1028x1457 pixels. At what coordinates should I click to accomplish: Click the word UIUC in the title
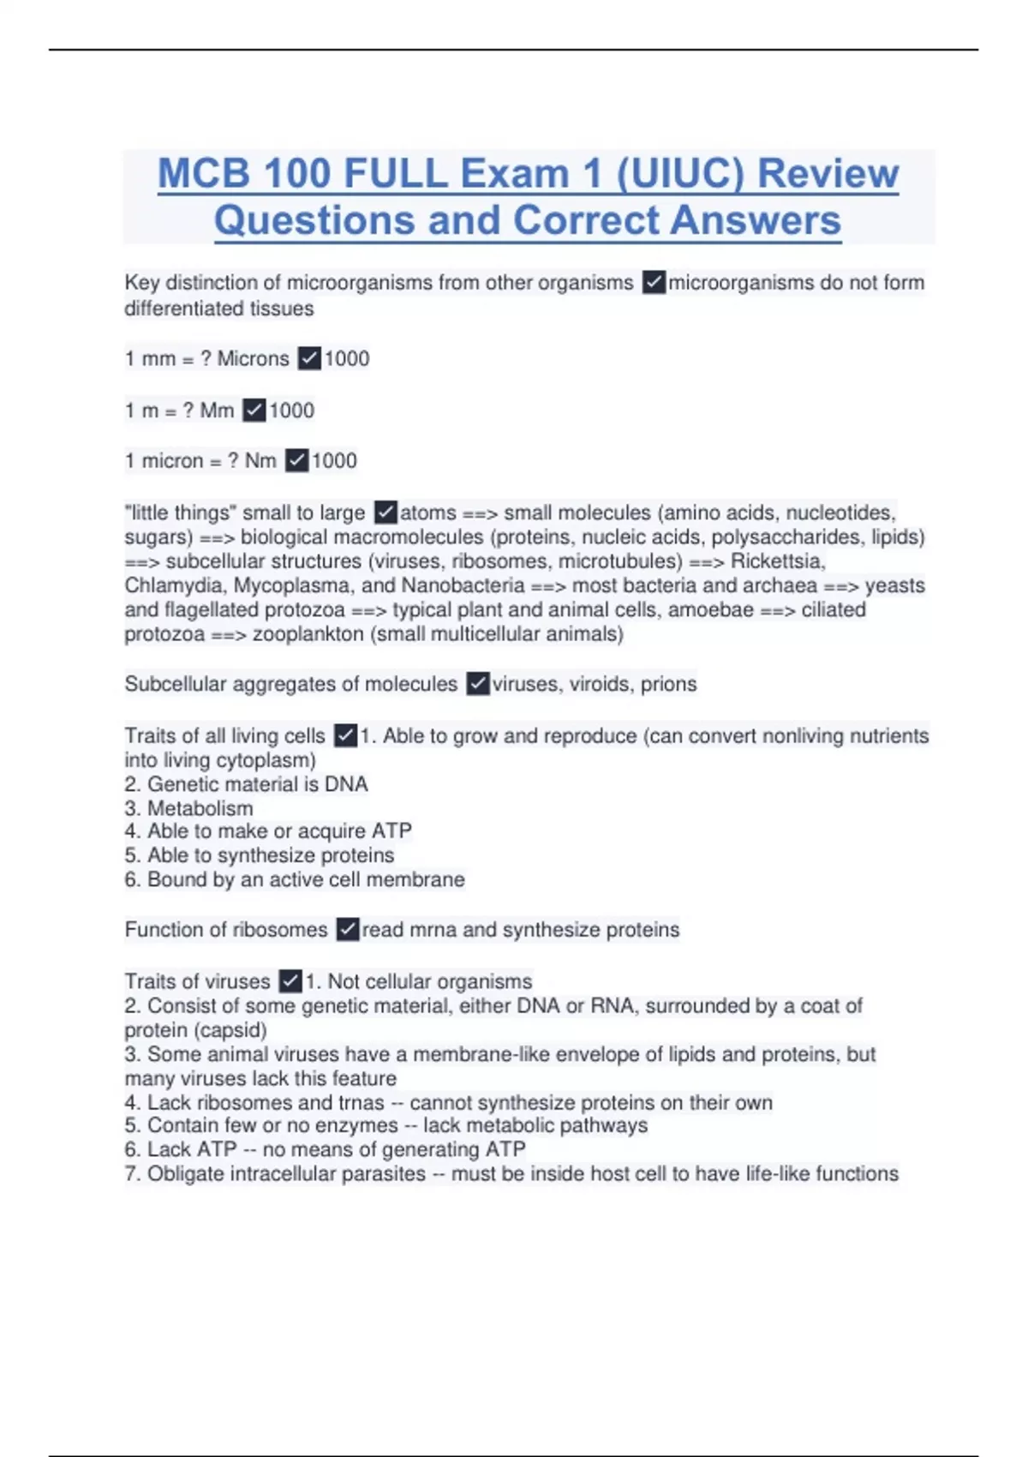point(680,174)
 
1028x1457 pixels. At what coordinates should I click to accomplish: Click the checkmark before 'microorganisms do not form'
point(654,282)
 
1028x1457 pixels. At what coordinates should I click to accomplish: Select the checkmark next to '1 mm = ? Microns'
point(309,358)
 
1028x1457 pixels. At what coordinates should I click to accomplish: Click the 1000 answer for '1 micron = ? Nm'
point(334,461)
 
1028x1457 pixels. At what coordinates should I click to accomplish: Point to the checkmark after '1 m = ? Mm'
point(254,411)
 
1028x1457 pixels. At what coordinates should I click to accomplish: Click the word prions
point(668,684)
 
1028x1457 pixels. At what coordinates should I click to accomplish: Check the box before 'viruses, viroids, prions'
point(478,684)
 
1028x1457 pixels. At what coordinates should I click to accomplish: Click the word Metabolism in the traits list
point(200,808)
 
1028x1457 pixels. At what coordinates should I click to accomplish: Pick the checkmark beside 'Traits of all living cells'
point(345,735)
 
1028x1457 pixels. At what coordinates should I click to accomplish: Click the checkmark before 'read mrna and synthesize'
point(348,929)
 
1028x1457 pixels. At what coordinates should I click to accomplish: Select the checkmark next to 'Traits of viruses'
point(291,980)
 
